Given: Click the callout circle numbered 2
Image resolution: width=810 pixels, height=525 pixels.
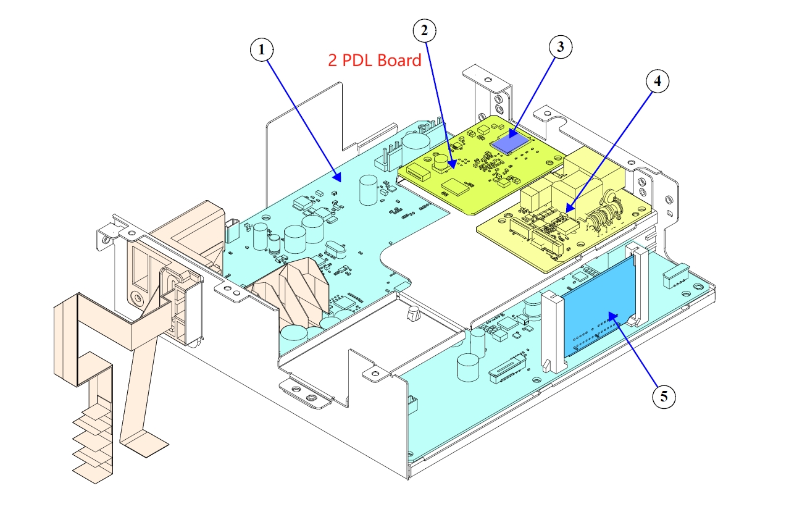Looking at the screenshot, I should coord(424,31).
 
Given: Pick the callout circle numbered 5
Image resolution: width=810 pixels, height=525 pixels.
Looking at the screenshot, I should coord(664,396).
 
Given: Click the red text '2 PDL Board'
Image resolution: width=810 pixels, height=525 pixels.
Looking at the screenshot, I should coord(375,61).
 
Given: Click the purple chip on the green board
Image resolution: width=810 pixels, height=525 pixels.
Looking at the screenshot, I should coord(510,141).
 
